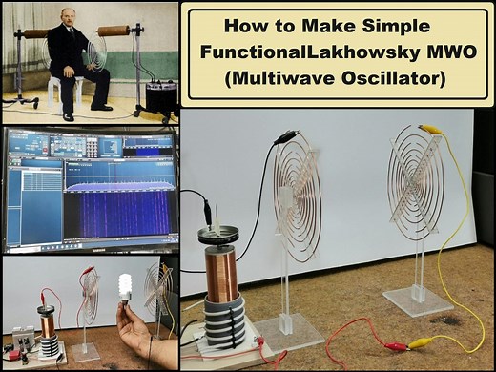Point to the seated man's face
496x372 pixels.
point(68,23)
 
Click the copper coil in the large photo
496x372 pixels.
point(222,266)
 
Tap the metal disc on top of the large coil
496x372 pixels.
point(217,235)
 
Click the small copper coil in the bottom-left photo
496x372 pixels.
point(45,324)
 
